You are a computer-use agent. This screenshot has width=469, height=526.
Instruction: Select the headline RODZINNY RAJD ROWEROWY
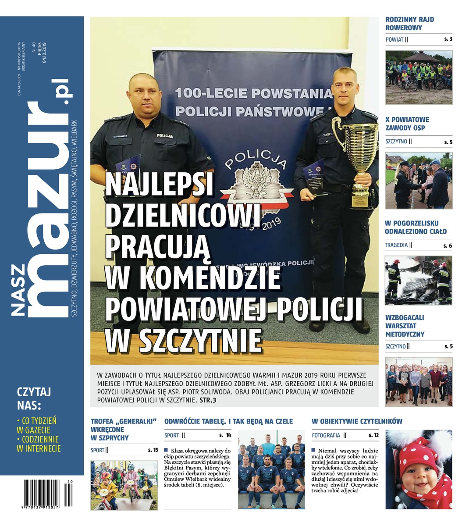(x=410, y=24)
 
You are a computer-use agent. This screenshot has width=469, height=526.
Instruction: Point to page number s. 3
(x=448, y=39)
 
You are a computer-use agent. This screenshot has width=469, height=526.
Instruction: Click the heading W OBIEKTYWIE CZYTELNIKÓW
(x=357, y=421)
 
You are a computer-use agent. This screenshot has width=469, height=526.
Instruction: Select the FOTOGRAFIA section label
(x=326, y=435)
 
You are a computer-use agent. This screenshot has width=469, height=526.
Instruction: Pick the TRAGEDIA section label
(x=396, y=245)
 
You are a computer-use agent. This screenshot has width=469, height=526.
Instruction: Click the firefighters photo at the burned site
(x=419, y=280)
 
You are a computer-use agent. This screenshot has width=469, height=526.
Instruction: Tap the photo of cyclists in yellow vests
(x=419, y=77)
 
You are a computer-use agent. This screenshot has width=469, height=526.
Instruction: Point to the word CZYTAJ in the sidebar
(x=34, y=391)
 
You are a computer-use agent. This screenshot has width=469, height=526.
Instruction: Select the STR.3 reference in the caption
(x=208, y=400)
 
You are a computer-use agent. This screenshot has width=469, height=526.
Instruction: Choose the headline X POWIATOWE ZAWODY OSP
(x=407, y=124)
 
